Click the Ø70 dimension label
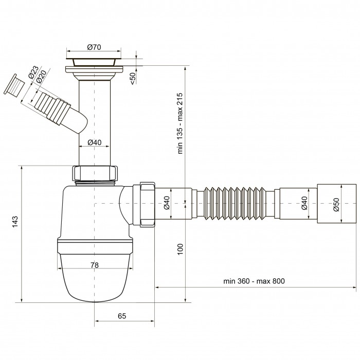click(94, 47)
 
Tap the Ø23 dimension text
click(33, 72)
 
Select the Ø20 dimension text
click(41, 76)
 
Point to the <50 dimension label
click(133, 78)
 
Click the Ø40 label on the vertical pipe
click(94, 142)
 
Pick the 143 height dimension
click(15, 222)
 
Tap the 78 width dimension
click(94, 265)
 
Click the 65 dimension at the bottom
click(122, 316)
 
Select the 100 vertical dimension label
click(180, 249)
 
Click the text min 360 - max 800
click(254, 281)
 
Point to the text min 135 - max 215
click(180, 123)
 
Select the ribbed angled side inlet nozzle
click(55, 107)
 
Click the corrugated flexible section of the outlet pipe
click(235, 204)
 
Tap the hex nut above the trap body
click(95, 173)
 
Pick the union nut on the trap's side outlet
click(148, 205)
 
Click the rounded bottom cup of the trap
click(95, 278)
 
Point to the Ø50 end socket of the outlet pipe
click(336, 204)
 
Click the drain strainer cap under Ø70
click(94, 62)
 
